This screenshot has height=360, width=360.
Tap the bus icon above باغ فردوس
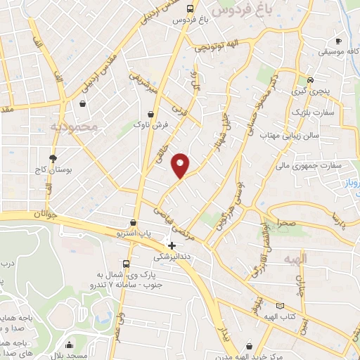pyautogui.click(x=191, y=8)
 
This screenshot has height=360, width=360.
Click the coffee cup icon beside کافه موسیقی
pyautogui.click(x=339, y=41)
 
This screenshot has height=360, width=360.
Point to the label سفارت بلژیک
pyautogui.click(x=311, y=112)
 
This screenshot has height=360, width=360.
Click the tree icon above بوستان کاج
pyautogui.click(x=52, y=157)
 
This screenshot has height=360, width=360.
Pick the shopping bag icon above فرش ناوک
pyautogui.click(x=150, y=114)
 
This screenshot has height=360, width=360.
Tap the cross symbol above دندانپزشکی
pyautogui.click(x=172, y=246)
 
